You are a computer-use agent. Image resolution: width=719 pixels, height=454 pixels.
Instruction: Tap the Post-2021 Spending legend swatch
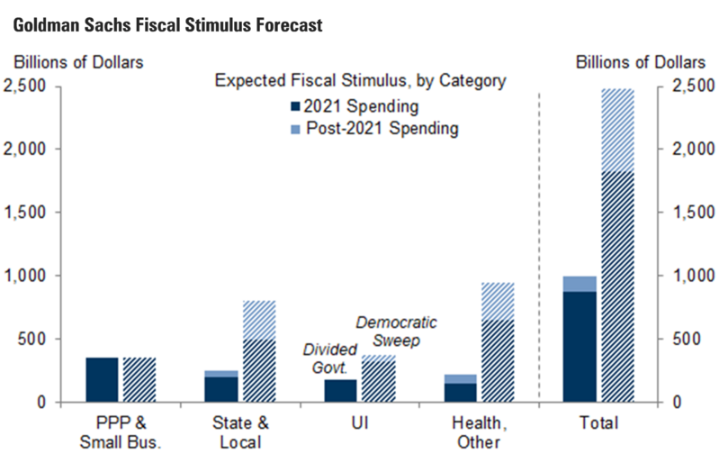pos(294,130)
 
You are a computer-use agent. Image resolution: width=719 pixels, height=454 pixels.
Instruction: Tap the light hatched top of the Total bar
pos(617,130)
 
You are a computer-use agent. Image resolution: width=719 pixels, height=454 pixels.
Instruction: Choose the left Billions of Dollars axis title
pos(77,62)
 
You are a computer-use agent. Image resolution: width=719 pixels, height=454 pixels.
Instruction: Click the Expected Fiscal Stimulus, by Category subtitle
pos(360,81)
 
